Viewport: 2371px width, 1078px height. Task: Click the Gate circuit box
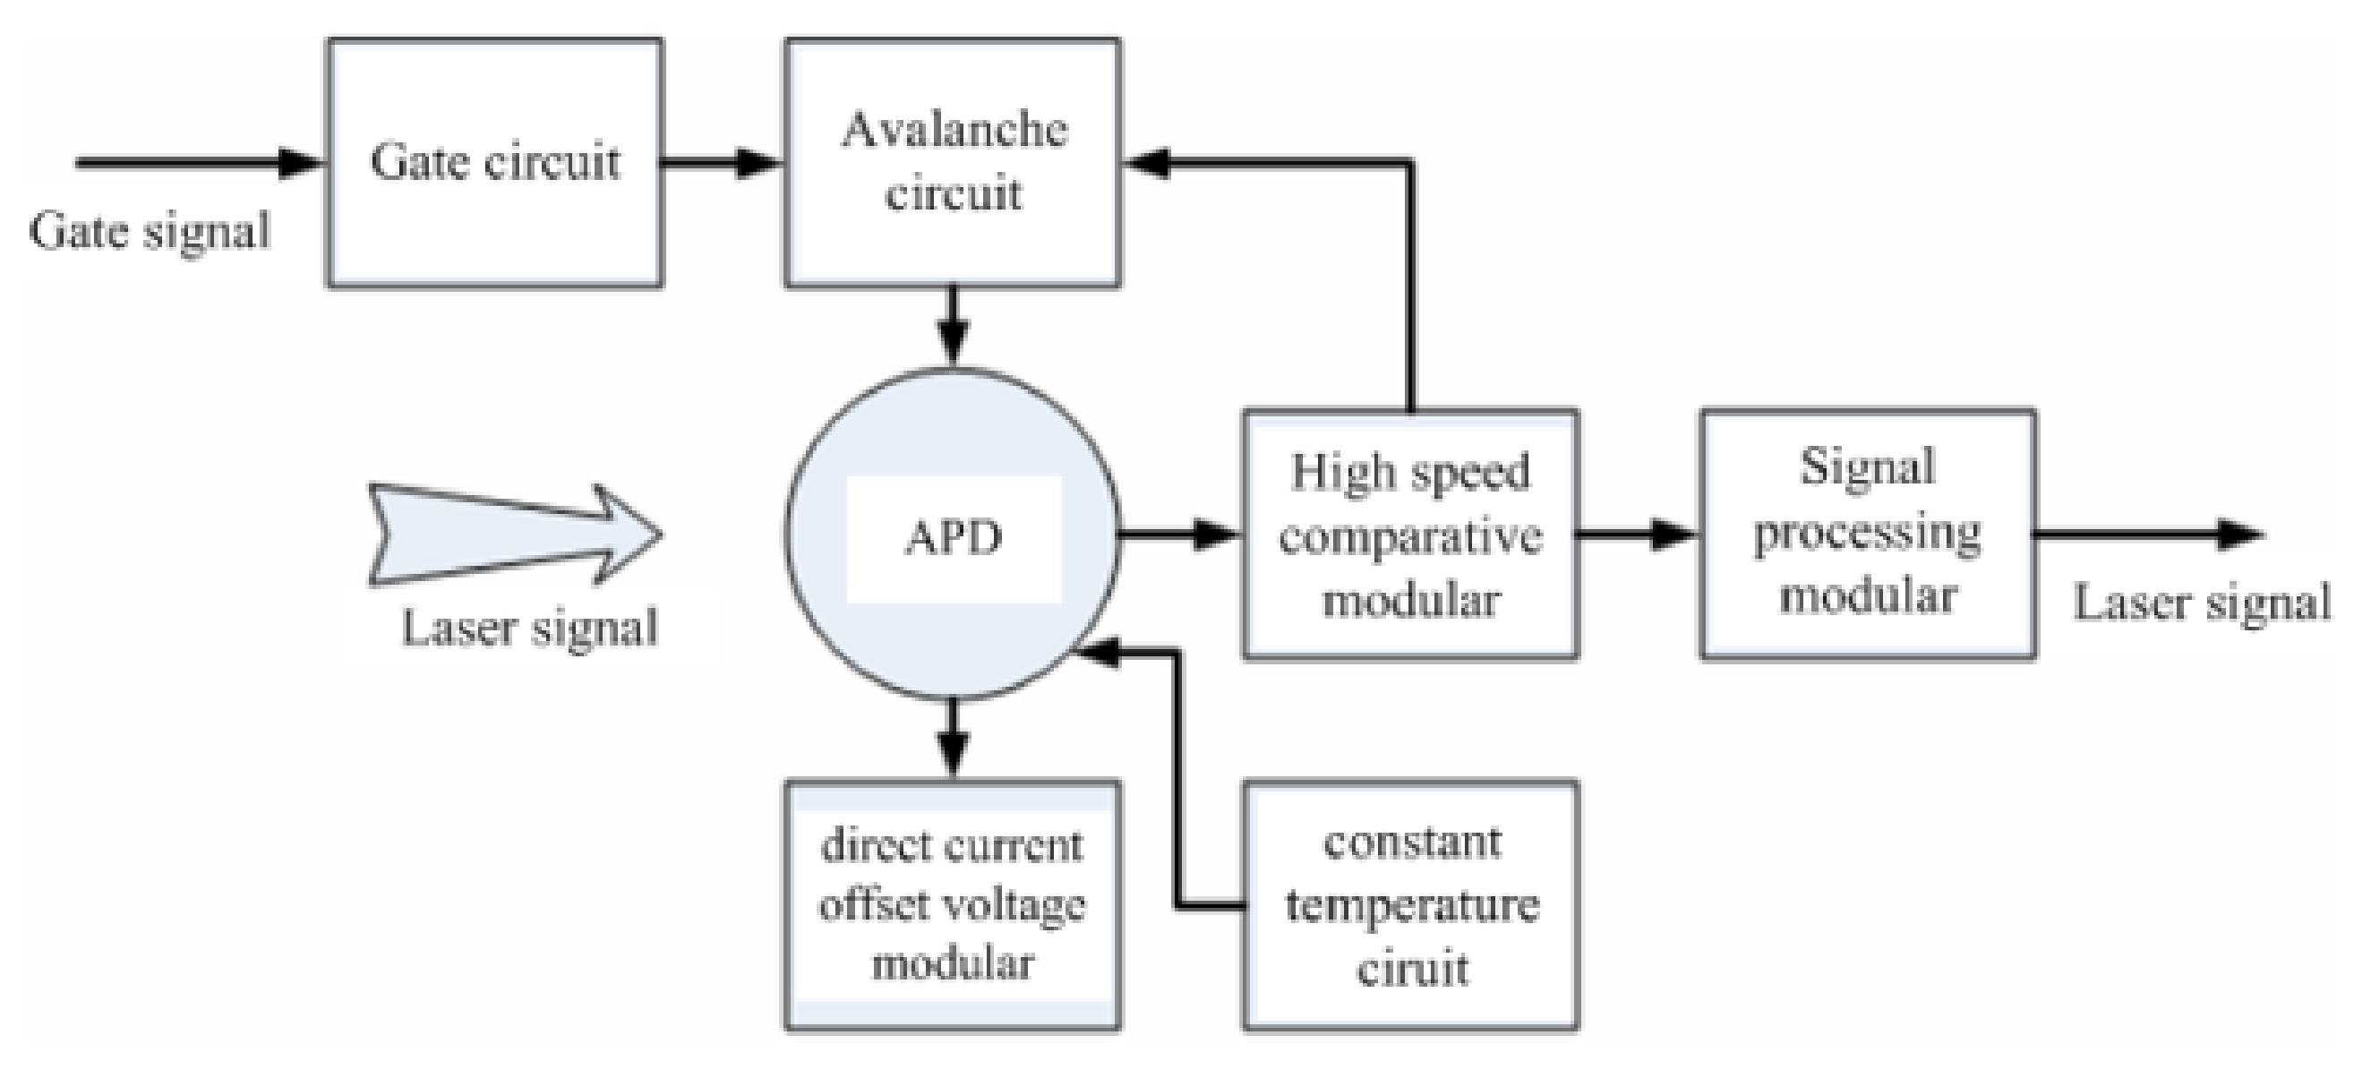495,163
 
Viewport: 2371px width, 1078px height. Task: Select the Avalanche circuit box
953,163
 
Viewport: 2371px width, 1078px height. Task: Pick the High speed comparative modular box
1410,535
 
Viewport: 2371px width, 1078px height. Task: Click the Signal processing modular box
1868,534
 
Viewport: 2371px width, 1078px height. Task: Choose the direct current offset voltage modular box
953,906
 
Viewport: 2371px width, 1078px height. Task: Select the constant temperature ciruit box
1411,906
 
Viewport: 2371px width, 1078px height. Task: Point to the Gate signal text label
150,231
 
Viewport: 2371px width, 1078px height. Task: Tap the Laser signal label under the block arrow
530,629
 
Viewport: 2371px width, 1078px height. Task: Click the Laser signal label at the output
2202,603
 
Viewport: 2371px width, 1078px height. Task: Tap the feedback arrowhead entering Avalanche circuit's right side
1146,164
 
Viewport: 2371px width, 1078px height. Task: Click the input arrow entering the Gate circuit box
202,164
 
